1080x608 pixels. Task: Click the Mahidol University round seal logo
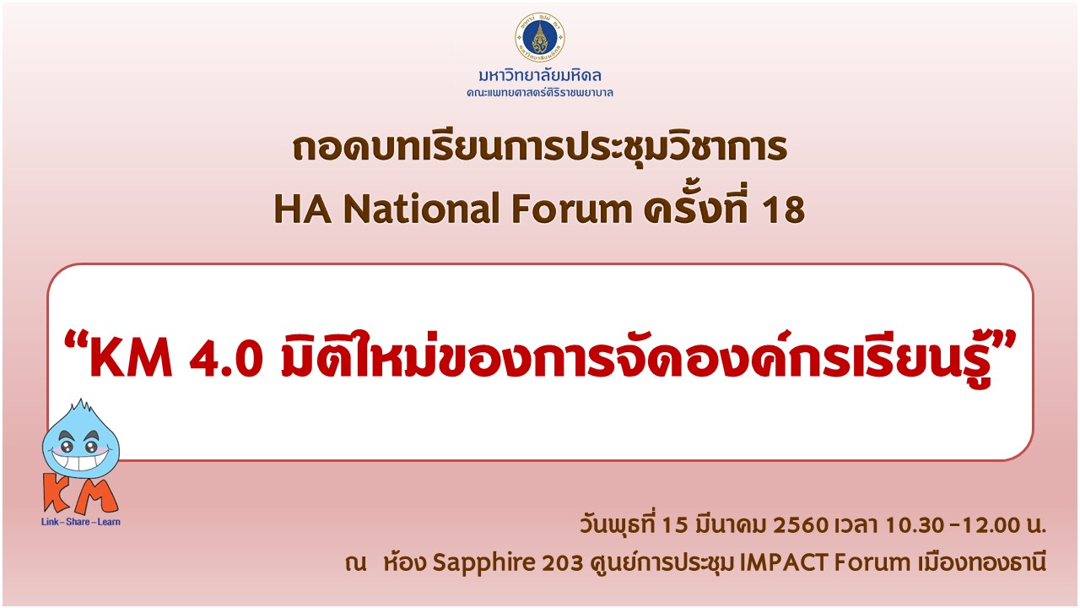point(540,38)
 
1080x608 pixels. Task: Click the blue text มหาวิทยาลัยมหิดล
point(540,76)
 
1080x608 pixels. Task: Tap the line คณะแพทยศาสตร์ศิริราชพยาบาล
point(540,93)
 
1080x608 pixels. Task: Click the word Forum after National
point(571,209)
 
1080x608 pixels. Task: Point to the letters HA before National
point(303,209)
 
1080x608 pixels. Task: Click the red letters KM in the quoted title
point(131,360)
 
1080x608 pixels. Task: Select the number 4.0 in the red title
point(227,360)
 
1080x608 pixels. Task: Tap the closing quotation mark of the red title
point(1005,339)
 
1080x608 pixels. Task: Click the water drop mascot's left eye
point(66,446)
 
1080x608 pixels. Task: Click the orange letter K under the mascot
point(57,492)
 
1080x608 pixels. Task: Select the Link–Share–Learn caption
point(81,522)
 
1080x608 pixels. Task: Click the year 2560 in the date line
point(801,525)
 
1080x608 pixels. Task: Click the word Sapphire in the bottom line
point(483,562)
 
